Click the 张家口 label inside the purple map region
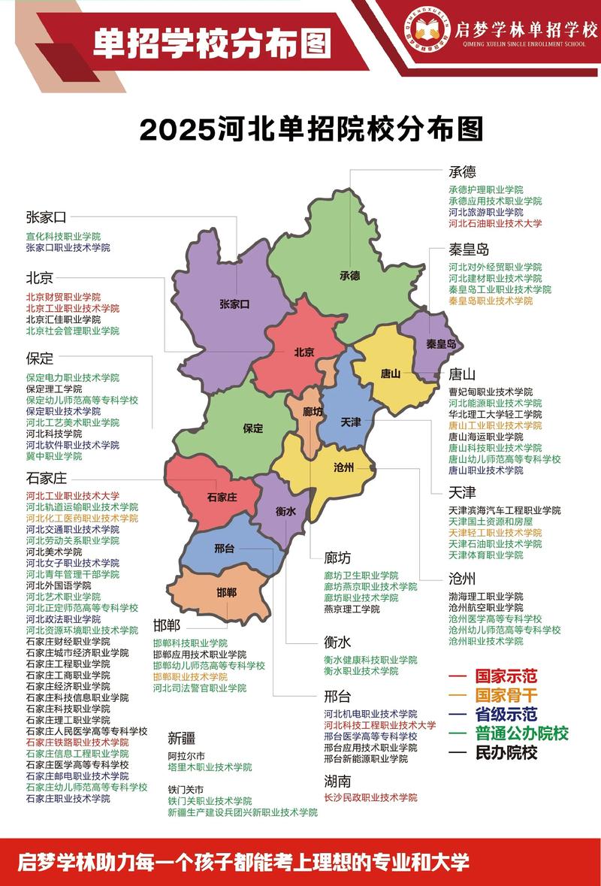pyautogui.click(x=234, y=304)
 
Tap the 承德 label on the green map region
pyautogui.click(x=350, y=275)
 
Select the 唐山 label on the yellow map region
pyautogui.click(x=391, y=373)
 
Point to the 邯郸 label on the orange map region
pyautogui.click(x=227, y=593)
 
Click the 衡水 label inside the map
pyautogui.click(x=285, y=511)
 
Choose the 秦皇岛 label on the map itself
pyautogui.click(x=441, y=343)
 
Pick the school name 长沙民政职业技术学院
pyautogui.click(x=370, y=797)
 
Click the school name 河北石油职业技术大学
pyautogui.click(x=495, y=223)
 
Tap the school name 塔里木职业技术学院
pyautogui.click(x=210, y=767)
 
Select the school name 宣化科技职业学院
pyautogui.click(x=63, y=236)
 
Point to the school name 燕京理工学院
pyautogui.click(x=352, y=609)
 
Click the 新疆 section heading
pyautogui.click(x=181, y=737)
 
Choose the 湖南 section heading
pyautogui.click(x=337, y=781)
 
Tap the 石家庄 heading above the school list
pyautogui.click(x=47, y=479)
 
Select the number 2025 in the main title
pyautogui.click(x=177, y=129)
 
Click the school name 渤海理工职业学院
pyautogui.click(x=486, y=597)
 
